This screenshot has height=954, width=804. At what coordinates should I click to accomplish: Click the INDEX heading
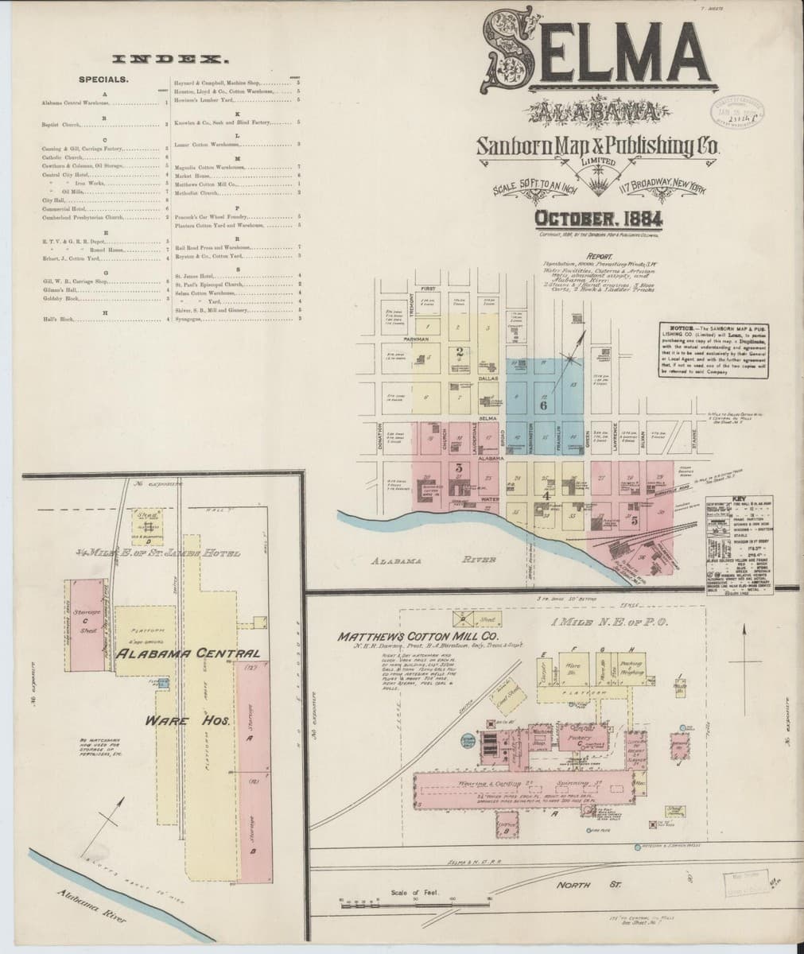tap(172, 59)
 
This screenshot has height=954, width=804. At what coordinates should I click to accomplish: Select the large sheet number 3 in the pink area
tap(459, 467)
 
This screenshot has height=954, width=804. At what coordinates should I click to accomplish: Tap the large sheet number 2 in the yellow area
tap(459, 351)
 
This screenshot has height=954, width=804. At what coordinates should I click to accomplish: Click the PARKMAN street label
tap(421, 339)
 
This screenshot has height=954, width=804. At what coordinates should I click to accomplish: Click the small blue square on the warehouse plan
tap(163, 682)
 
